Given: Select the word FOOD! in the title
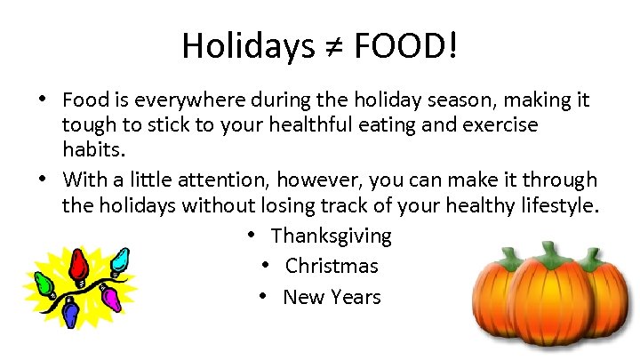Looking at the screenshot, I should [405, 45].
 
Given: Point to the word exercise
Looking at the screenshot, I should [498, 124].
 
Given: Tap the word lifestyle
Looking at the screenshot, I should [556, 206].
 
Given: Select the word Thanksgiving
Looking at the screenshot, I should [331, 236].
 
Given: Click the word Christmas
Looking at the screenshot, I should [332, 266].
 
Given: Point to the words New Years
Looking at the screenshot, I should [332, 297].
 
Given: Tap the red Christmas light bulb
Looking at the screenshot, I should [80, 262].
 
